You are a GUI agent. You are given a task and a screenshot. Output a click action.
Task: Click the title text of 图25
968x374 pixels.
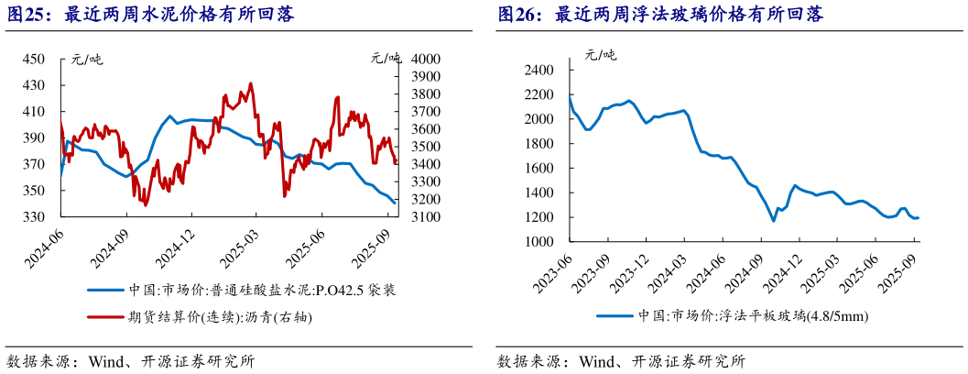(151, 15)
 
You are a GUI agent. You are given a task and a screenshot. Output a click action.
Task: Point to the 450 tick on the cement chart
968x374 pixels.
(33, 60)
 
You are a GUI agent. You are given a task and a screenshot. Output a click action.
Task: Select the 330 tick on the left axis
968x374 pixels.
(33, 217)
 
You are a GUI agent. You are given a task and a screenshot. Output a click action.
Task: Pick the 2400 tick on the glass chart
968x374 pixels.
(540, 71)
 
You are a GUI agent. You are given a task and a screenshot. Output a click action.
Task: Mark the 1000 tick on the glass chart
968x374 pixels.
(540, 242)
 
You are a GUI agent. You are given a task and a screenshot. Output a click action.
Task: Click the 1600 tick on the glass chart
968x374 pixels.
(540, 169)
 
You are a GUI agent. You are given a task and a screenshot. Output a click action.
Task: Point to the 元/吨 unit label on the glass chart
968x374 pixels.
(601, 54)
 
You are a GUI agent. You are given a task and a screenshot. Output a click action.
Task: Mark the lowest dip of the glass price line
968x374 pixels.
(774, 221)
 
